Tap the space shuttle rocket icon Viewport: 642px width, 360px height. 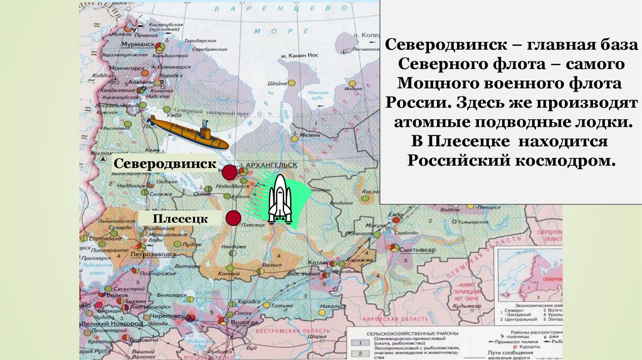[x=280, y=199]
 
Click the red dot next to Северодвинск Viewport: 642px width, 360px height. [x=230, y=172]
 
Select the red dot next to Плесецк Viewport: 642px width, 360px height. [x=234, y=218]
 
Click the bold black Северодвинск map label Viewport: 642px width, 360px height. [x=165, y=163]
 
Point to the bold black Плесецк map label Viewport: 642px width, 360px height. [x=188, y=218]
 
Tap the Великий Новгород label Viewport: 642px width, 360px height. [x=113, y=323]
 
